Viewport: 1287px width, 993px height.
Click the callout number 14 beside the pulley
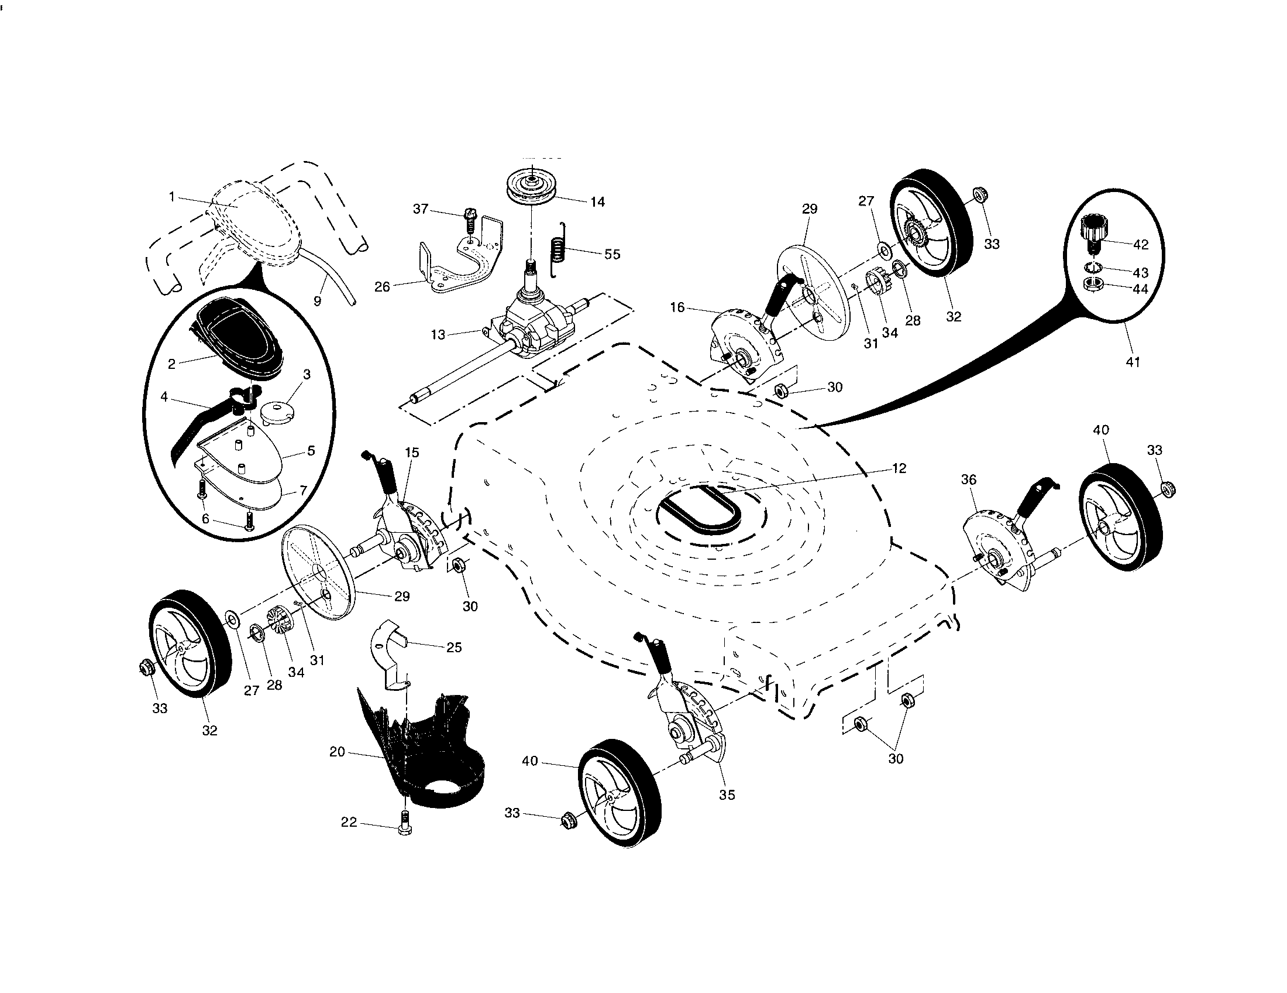point(597,201)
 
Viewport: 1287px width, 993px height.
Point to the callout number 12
point(899,468)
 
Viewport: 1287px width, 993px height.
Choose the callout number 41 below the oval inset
point(1133,362)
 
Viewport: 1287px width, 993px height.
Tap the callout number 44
point(1140,289)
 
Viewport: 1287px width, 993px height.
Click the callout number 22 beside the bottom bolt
point(349,822)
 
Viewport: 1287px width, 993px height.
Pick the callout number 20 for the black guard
point(337,752)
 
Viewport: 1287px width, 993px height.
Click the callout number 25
point(454,648)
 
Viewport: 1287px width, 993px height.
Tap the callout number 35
point(727,795)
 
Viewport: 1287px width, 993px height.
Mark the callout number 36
point(969,480)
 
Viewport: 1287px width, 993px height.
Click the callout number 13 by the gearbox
point(438,335)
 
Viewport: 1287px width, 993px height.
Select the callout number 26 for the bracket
point(383,286)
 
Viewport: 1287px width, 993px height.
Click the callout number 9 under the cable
point(317,301)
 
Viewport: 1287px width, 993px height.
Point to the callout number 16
point(677,307)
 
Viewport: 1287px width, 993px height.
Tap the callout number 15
point(412,452)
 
